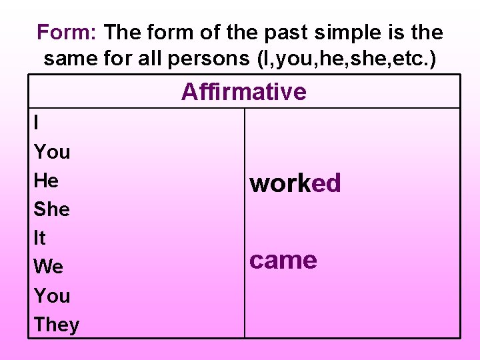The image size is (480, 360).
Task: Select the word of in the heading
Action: click(203, 31)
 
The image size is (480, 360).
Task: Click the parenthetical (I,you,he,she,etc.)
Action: click(346, 59)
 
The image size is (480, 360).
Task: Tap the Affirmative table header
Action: click(243, 91)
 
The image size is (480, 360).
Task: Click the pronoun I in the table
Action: click(36, 123)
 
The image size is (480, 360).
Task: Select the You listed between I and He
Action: click(51, 152)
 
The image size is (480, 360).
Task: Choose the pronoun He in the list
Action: click(46, 181)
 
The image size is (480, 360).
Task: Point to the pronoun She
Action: click(51, 209)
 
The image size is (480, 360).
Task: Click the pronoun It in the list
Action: click(39, 238)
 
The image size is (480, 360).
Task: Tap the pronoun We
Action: click(48, 267)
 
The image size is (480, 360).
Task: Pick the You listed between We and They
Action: click(51, 295)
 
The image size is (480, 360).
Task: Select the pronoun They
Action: click(56, 325)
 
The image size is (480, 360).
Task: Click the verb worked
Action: click(295, 183)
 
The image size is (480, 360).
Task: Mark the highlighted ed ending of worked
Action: click(326, 183)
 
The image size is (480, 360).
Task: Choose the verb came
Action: click(283, 260)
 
